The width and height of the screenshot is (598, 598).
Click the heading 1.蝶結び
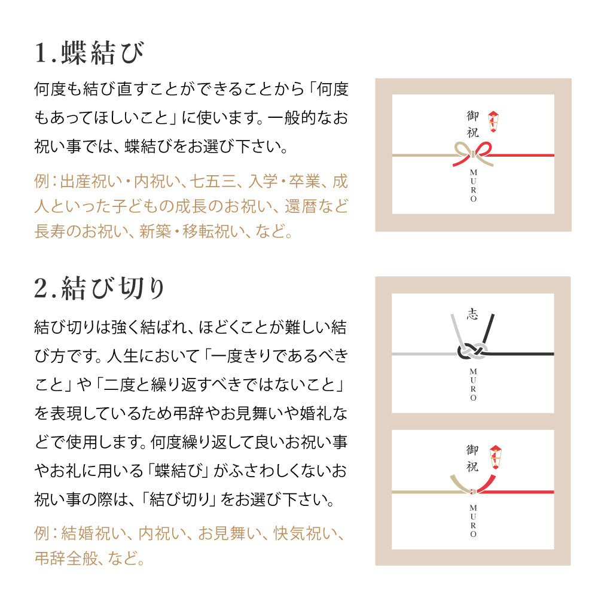89,53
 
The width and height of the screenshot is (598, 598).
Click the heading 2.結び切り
99,288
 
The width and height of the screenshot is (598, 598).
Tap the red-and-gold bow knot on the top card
473,154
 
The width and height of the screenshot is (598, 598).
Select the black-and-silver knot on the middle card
472,351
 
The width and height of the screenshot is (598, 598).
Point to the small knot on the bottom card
473,492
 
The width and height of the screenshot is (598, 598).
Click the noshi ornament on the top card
493,121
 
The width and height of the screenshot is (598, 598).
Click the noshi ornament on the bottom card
495,457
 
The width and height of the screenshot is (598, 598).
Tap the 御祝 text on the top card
473,124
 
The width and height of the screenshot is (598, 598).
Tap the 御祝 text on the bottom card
472,458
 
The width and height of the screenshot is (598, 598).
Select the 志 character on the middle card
472,314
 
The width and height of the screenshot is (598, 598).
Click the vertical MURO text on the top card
473,185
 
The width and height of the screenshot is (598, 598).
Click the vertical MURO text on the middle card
473,385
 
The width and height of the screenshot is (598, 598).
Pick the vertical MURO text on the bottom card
473,521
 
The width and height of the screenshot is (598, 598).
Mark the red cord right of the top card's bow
521,155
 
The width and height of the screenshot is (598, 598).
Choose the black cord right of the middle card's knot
521,354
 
